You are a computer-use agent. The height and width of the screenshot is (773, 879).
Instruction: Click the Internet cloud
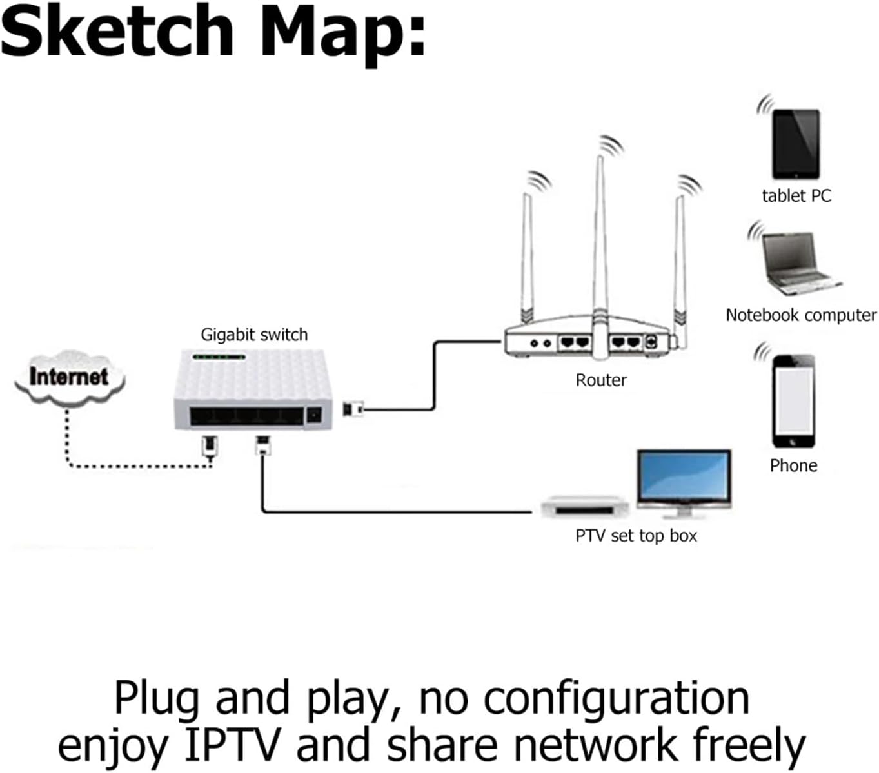coord(69,378)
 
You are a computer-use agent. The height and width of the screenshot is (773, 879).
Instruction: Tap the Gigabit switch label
coord(254,335)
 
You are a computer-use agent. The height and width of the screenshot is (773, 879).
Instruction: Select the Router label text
coord(600,380)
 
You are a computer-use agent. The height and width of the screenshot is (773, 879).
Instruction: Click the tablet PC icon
coord(796,144)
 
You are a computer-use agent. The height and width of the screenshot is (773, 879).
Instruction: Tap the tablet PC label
coord(796,196)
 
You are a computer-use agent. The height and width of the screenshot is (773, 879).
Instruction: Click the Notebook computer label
coord(801,315)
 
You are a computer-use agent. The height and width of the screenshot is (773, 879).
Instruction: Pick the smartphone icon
coord(794,400)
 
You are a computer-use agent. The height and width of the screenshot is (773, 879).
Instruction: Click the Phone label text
coord(793,465)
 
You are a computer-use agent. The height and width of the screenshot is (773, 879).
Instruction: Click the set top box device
coord(584,507)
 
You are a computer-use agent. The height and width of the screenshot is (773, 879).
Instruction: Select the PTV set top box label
coord(636,536)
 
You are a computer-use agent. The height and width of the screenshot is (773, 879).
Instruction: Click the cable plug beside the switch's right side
coord(353,409)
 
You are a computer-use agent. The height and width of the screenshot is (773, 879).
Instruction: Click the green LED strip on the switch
coord(219,357)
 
